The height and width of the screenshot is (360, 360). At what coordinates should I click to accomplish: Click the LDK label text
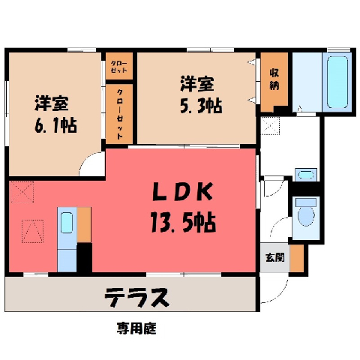pos(182,192)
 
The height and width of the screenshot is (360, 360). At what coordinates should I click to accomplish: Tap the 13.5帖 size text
pos(183,222)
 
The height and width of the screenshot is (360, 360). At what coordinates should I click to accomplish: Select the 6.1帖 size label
pos(55,124)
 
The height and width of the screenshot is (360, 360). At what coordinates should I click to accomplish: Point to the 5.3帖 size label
pos(201,106)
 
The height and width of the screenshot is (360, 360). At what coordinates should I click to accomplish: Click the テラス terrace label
pos(136,297)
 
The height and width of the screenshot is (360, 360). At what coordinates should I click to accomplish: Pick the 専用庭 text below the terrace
pos(136,328)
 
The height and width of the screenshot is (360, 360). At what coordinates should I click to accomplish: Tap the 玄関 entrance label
pos(274,257)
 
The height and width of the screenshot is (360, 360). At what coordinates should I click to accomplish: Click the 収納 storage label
pos(274,79)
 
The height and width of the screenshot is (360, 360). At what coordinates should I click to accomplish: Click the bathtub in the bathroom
pos(337,82)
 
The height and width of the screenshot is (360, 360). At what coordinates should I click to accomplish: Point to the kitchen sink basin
pos(67,223)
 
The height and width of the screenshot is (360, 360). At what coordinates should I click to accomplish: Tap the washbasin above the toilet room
pos(306,175)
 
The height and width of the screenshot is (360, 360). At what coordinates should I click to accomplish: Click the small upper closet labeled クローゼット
pos(119,66)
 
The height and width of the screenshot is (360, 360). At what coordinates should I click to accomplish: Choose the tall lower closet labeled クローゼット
pos(119,114)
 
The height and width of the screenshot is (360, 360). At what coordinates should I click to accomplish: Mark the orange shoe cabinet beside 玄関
pos(297,258)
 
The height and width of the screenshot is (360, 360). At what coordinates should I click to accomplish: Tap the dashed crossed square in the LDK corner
pos(22,192)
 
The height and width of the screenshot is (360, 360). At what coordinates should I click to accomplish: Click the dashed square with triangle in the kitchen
pos(32,231)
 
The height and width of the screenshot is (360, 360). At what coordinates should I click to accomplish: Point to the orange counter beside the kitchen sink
pos(84,225)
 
